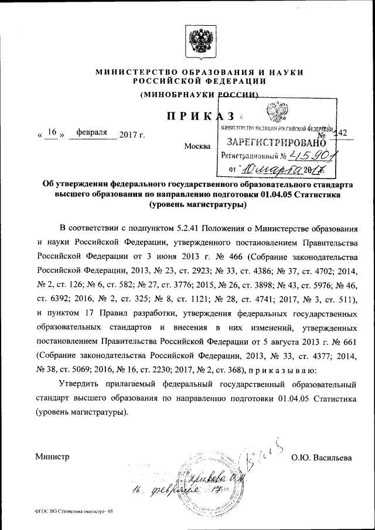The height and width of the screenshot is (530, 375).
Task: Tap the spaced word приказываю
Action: [283, 370]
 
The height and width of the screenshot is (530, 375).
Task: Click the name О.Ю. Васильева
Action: [322, 456]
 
